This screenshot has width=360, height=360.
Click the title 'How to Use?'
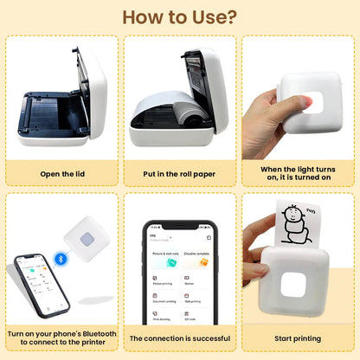[179, 17]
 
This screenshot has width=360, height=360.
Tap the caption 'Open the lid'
[61, 173]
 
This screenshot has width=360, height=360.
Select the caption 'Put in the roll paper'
[179, 173]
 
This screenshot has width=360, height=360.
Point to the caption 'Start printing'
[298, 338]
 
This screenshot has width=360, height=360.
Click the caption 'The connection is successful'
[179, 338]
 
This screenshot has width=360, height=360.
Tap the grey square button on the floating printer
[88, 243]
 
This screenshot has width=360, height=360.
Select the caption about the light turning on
[298, 173]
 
